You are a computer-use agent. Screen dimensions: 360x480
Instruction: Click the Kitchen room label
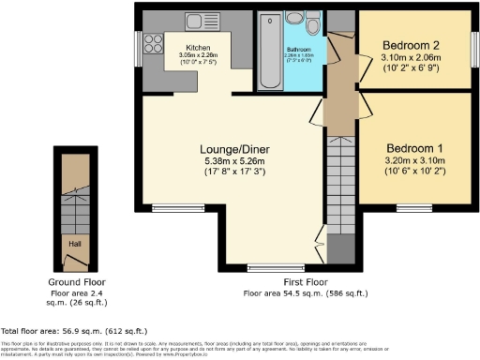point(199,46)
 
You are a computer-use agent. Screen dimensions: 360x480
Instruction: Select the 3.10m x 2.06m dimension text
point(412,56)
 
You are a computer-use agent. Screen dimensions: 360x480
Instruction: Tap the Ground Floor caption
point(77,281)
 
